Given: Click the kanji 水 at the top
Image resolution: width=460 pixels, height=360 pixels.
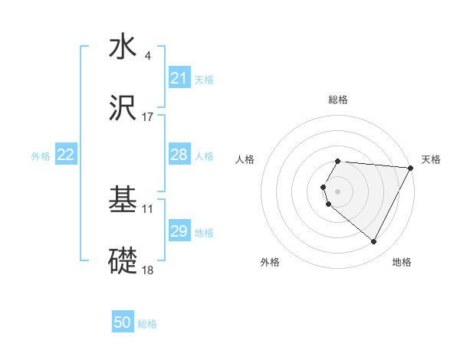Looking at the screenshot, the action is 123,47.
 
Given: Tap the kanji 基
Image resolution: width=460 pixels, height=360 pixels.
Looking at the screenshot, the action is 123,201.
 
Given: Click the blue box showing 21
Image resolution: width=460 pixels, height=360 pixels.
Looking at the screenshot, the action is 179,78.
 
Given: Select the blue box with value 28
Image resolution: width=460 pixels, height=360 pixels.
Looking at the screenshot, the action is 179,155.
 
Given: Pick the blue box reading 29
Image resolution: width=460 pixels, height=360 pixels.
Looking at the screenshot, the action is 179,231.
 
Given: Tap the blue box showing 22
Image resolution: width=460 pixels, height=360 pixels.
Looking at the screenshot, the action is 66,155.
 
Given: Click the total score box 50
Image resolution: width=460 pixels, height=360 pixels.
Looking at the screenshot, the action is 123,322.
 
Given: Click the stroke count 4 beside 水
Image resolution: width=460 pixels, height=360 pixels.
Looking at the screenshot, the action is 148,55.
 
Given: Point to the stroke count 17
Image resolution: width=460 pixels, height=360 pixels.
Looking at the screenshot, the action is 148,117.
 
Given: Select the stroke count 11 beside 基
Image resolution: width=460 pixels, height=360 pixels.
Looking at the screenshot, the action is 148,208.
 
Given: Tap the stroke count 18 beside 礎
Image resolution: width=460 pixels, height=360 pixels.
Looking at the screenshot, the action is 148,270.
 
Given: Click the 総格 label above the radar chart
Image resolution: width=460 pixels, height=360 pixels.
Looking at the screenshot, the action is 338,100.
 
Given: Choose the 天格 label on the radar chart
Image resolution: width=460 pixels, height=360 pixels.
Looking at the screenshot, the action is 432,159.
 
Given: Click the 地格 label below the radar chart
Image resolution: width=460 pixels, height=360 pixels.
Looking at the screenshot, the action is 402,262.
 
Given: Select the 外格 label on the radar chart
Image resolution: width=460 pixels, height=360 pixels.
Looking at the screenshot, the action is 270,262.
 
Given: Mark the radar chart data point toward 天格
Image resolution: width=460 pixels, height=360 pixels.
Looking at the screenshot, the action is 411,168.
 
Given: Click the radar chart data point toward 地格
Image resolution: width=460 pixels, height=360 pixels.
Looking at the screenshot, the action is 374,242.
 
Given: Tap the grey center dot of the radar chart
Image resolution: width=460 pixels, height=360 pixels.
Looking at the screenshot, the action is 338,191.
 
